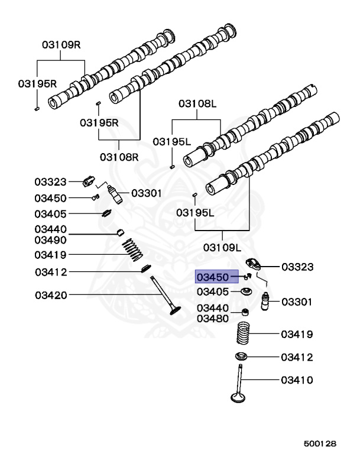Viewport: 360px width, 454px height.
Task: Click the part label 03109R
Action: pos(61,44)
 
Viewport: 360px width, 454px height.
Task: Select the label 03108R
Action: pos(119,157)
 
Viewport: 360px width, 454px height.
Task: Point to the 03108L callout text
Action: pos(197,103)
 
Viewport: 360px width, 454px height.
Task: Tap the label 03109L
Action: pos(222,248)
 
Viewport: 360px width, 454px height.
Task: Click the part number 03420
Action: pos(51,296)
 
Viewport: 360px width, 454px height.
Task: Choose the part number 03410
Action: pos(297,380)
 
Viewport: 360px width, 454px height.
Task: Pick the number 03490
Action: pos(50,240)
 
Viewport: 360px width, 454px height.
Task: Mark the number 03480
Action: pos(213,319)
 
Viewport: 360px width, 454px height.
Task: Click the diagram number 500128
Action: pos(320,443)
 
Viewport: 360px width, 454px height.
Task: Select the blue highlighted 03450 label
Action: pos(216,277)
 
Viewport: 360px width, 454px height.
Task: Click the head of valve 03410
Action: pos(238,397)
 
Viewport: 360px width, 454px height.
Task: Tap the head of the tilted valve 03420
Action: pos(176,311)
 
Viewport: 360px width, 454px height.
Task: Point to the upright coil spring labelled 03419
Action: pos(243,333)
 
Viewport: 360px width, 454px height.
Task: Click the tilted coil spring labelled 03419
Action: pos(132,249)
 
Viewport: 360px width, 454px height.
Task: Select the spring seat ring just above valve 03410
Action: pos(241,356)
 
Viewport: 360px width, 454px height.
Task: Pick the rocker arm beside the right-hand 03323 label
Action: pos(254,264)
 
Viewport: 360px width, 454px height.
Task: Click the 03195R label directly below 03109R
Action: pos(37,84)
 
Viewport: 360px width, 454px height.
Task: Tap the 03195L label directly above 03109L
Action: pos(195,213)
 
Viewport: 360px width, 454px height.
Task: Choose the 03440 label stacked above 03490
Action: pos(50,229)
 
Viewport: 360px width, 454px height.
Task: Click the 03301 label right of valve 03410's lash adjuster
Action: pos(297,302)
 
